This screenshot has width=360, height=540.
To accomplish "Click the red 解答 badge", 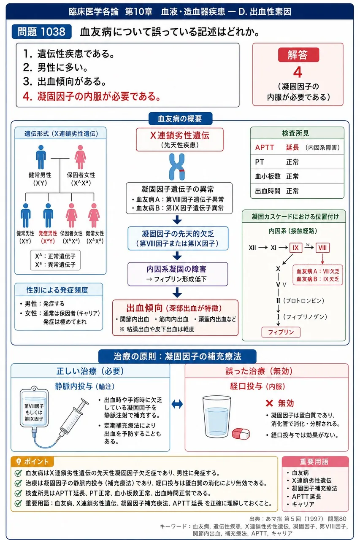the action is point(298,55).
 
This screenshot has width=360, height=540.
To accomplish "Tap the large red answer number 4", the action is point(298,72).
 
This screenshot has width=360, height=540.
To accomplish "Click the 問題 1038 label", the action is point(41,32).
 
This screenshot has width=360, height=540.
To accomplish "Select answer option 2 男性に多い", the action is point(55,67).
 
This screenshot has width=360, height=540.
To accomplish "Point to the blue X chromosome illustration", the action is point(177,167).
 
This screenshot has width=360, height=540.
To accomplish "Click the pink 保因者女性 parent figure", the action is point(80,157).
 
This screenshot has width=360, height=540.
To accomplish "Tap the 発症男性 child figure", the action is point(48,215).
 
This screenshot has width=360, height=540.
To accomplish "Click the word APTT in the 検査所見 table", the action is point(265,147).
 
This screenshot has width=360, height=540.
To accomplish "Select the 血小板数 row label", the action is point(268,176).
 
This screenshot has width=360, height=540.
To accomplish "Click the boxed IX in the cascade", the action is point(295,248).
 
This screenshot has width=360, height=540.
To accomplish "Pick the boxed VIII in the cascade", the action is point(322,248).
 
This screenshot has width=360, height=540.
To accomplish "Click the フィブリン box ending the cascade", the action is point(281,332).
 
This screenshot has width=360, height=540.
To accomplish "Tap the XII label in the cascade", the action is point(252,248).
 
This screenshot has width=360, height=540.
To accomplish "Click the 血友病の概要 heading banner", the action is point(180,119).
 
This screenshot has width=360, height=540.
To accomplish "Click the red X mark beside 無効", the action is point(269,403).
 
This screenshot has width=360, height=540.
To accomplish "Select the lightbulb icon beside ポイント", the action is point(18,462).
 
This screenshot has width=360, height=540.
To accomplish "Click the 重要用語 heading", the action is point(314,462).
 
